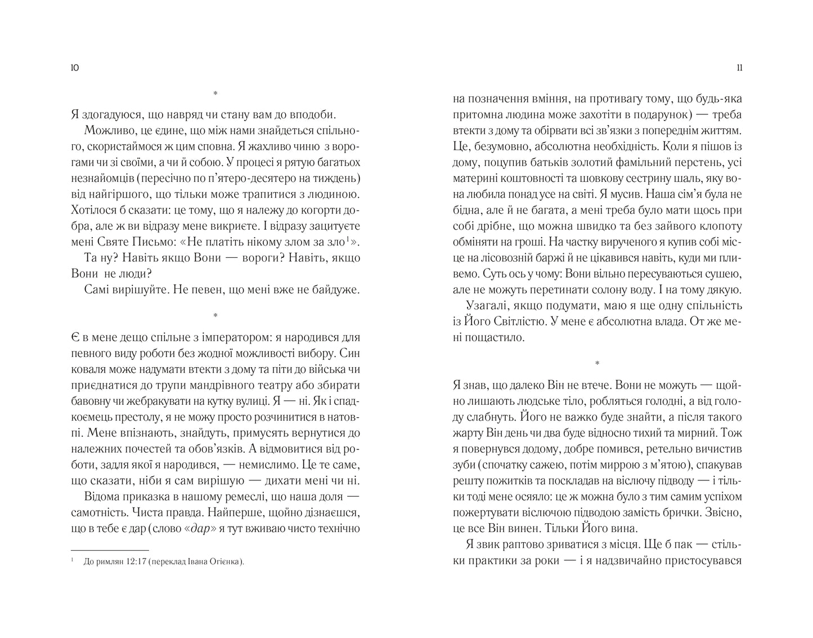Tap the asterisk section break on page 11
[598, 363]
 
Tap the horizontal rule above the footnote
[110, 550]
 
